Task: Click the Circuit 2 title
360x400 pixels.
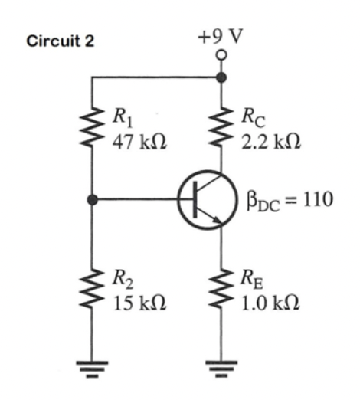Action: tap(61, 41)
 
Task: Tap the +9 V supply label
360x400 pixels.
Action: tap(221, 37)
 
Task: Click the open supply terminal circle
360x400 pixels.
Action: tap(221, 55)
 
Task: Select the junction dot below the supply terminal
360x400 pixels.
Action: tap(221, 77)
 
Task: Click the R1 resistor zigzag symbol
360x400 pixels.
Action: tap(92, 127)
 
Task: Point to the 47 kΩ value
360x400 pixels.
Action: tap(139, 142)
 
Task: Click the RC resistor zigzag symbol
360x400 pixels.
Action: tap(221, 126)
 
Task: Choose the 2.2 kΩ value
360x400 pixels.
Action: tap(271, 142)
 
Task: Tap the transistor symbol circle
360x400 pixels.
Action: tap(179, 200)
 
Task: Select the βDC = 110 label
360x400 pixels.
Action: tap(290, 201)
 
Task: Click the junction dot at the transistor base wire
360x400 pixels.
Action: tap(92, 199)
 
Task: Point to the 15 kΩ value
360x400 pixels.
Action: tap(140, 303)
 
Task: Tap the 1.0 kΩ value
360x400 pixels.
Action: tap(270, 303)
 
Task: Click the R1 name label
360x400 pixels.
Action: tap(123, 118)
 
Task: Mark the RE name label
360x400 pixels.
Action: tap(252, 279)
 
